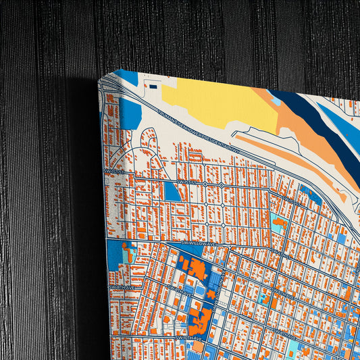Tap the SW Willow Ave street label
point(200,241)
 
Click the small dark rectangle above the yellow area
point(153,86)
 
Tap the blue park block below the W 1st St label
point(172,191)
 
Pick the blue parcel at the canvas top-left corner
point(124,76)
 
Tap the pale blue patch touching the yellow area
point(276,101)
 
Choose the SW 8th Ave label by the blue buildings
point(177,292)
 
